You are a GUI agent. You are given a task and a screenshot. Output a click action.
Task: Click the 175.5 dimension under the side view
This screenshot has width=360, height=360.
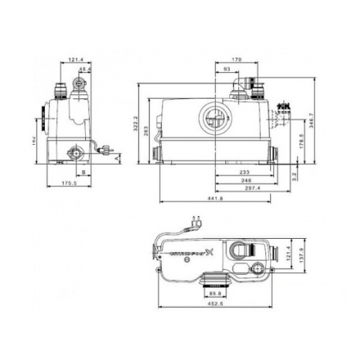(x=69, y=184)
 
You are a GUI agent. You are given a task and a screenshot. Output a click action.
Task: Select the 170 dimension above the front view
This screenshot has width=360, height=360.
(x=236, y=59)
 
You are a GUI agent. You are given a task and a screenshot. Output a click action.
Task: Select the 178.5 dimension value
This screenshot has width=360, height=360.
(x=300, y=142)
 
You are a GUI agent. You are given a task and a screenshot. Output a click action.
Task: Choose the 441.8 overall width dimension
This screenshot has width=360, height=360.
(x=215, y=199)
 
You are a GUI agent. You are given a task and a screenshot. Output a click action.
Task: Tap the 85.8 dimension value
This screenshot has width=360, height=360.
(x=217, y=292)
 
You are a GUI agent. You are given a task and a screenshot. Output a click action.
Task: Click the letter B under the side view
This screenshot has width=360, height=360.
(x=82, y=173)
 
